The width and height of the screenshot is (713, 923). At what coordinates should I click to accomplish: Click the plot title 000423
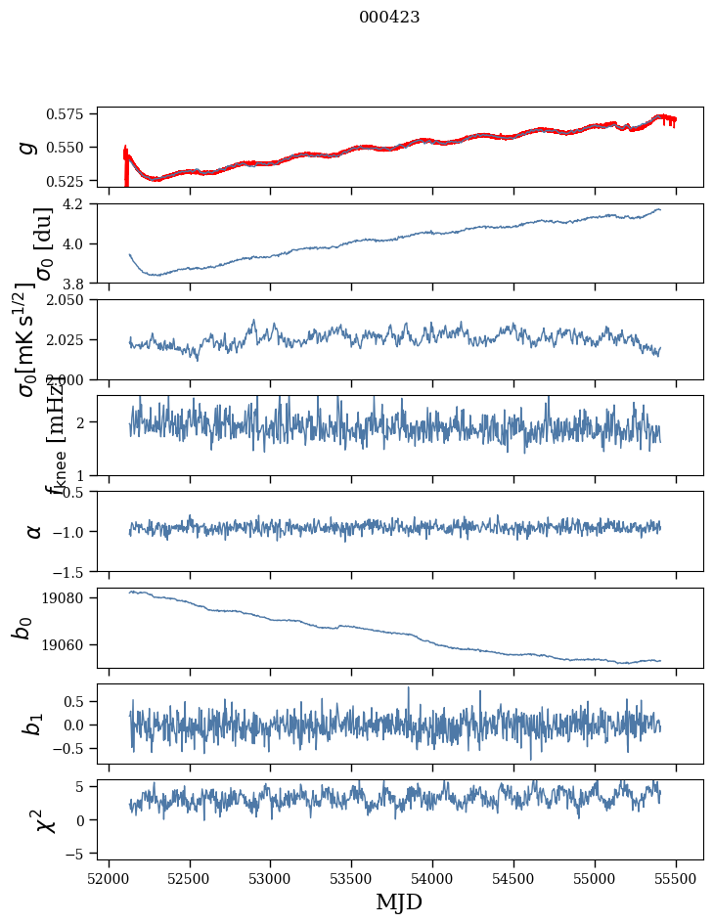point(389,18)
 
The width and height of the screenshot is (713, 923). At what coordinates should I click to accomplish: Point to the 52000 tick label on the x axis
point(109,878)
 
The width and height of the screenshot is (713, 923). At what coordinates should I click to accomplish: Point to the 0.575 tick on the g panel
point(72,114)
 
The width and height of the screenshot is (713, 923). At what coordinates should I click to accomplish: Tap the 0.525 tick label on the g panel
point(72,181)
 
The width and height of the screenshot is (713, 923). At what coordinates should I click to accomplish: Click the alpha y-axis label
point(34,531)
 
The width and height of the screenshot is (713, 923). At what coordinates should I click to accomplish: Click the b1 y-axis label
point(32,725)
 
